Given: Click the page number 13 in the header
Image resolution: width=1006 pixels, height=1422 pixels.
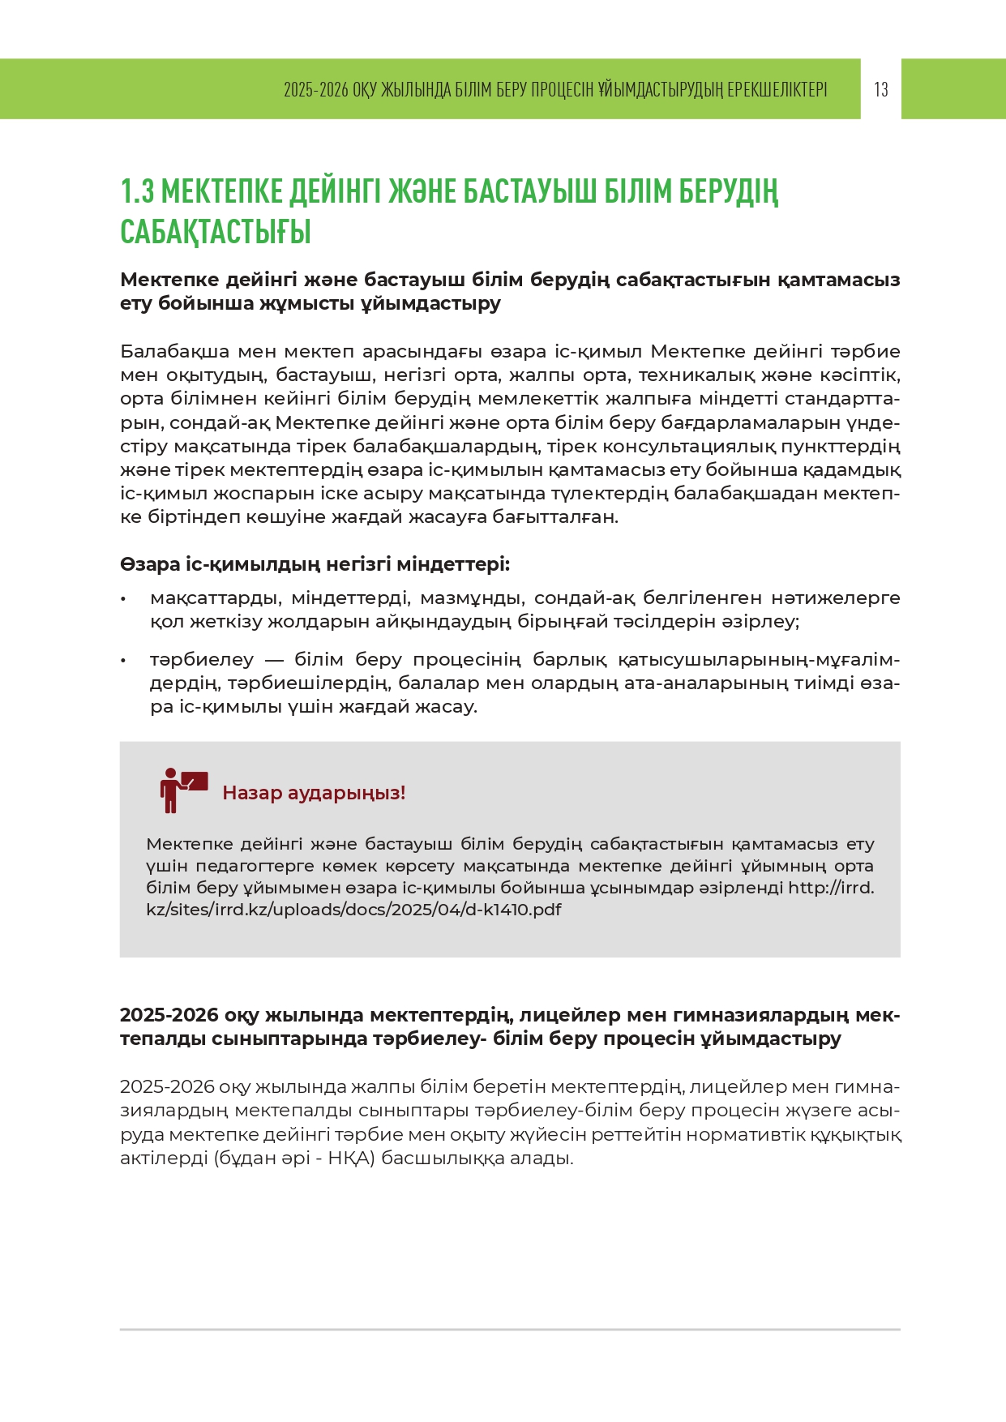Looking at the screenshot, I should pos(881,89).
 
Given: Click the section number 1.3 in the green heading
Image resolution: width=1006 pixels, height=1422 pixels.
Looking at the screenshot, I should pos(137,191).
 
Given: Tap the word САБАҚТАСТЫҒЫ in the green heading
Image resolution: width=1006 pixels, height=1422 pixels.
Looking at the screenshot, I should pos(216,232).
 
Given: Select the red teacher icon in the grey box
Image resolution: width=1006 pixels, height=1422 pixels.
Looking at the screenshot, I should pos(182,790).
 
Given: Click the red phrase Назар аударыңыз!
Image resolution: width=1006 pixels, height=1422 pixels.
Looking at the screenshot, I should pos(314,793).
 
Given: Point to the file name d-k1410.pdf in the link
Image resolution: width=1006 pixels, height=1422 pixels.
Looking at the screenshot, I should pos(512,910).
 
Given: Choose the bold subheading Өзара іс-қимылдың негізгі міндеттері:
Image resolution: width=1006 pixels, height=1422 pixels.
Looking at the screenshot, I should pos(315,564).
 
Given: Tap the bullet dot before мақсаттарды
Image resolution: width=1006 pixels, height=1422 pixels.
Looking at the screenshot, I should pos(123,599).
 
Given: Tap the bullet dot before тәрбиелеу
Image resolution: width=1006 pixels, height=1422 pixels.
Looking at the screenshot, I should pos(123,661).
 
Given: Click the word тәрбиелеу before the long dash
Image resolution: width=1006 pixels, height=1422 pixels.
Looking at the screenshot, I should pos(201,660).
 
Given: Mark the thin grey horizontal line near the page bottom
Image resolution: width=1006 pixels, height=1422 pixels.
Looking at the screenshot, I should pos(510,1330).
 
